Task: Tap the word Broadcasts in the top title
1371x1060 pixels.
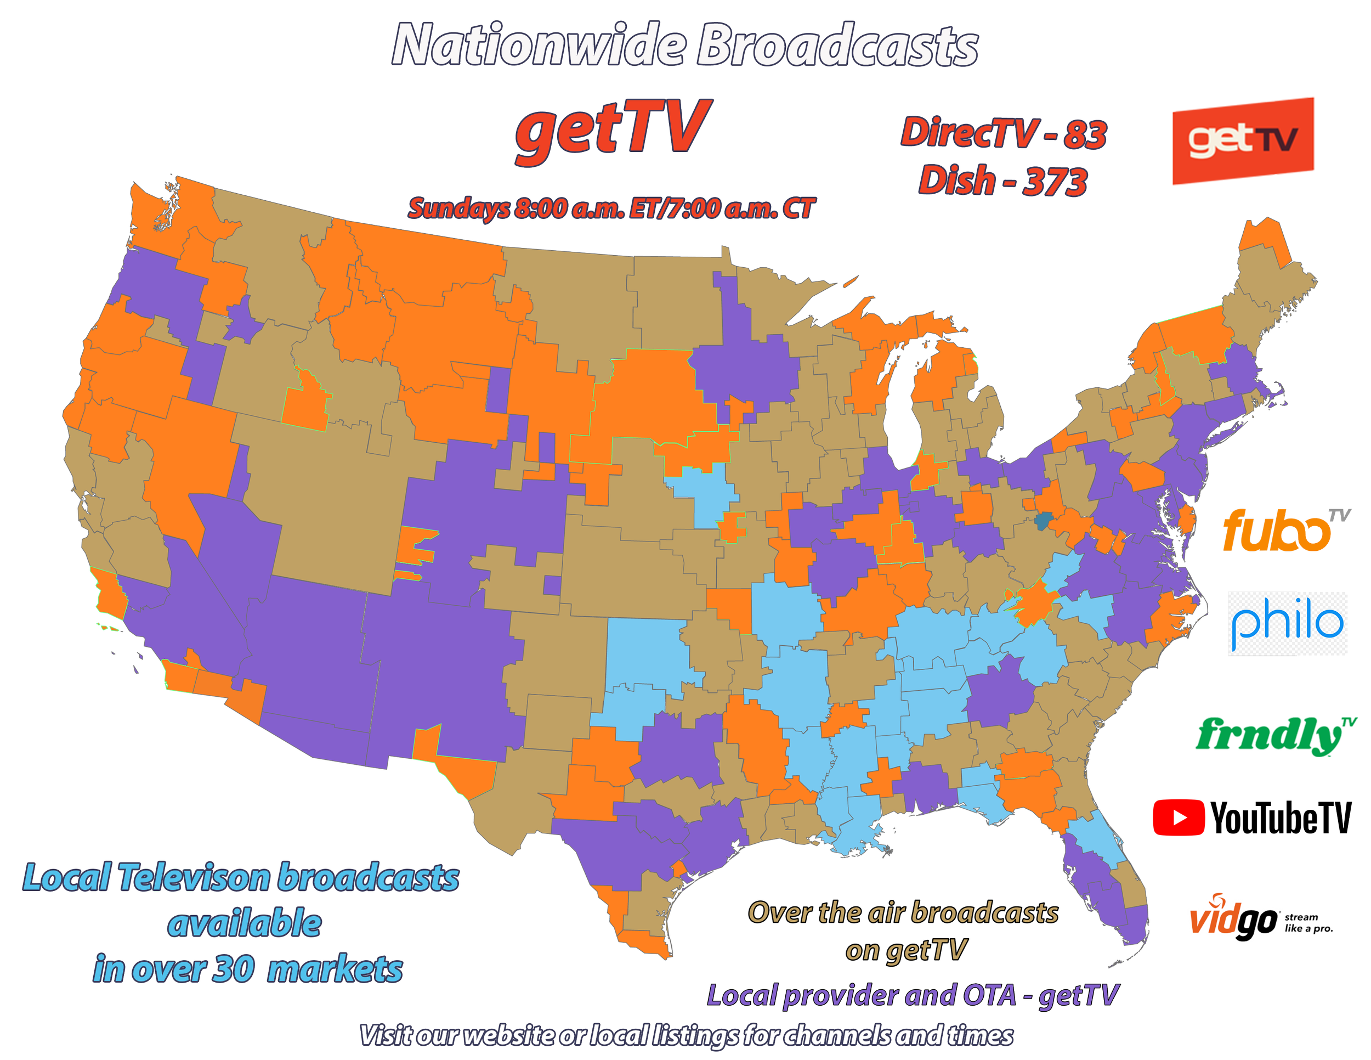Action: [x=837, y=45]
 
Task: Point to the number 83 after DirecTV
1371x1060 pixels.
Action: [x=1085, y=134]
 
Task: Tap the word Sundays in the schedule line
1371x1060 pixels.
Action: [x=458, y=208]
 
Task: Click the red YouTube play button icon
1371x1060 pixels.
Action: [x=1179, y=817]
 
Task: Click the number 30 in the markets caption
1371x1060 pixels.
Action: [x=234, y=969]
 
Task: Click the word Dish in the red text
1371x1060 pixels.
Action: [x=957, y=181]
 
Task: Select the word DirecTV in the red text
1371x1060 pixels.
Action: [x=970, y=134]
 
